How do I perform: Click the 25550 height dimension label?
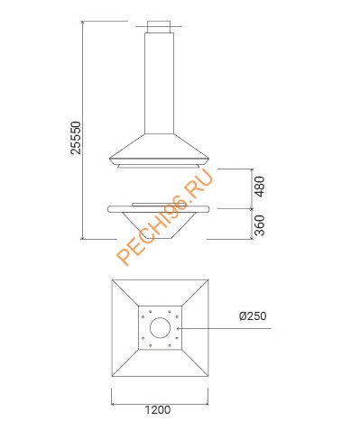click(76, 138)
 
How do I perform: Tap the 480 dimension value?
click(260, 187)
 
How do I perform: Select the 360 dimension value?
click(260, 225)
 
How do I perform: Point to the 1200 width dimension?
click(158, 410)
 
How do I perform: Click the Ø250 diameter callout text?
click(253, 316)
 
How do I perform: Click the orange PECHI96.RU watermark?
click(165, 216)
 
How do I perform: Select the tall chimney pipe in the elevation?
click(160, 83)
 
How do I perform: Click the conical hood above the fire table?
click(159, 149)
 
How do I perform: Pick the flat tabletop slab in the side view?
click(159, 209)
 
